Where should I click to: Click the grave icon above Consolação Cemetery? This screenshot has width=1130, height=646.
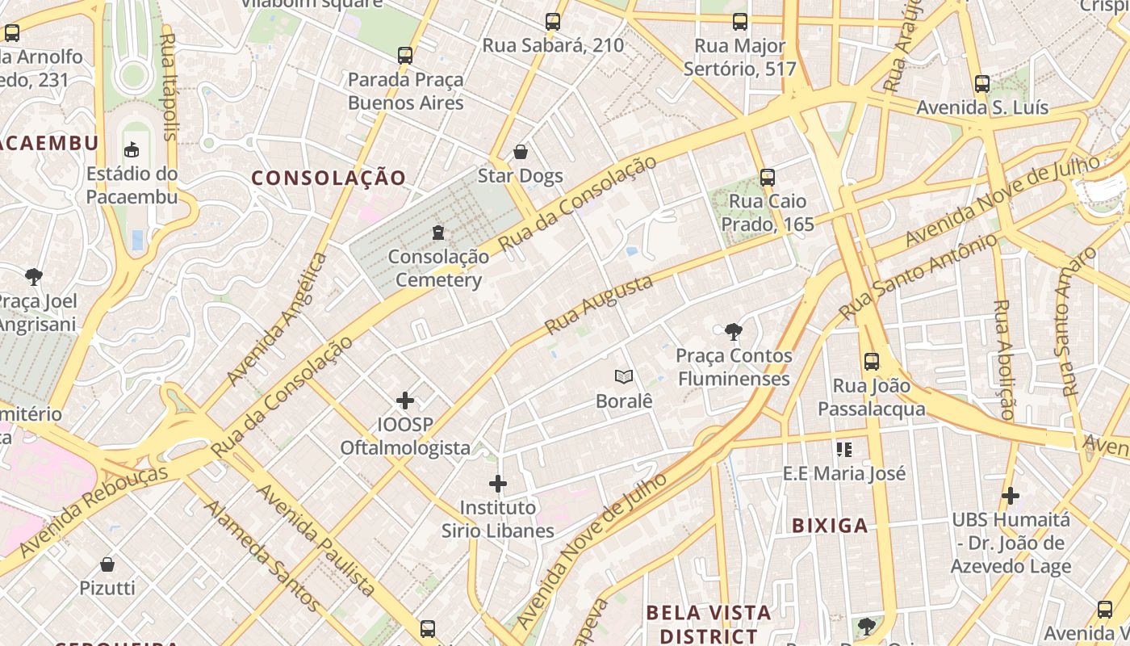click(438, 233)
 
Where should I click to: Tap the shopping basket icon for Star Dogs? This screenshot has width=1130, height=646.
click(521, 152)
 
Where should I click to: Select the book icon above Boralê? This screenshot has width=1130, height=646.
click(623, 376)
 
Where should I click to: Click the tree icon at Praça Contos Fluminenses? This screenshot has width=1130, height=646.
click(733, 331)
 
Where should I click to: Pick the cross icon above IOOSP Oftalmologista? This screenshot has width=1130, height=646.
click(405, 401)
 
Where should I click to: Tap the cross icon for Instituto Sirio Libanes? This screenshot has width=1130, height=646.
click(498, 484)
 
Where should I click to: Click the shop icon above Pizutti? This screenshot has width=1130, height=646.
click(107, 564)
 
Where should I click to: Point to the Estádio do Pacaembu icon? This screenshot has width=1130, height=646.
click(132, 149)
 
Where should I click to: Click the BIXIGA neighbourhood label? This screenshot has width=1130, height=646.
click(830, 526)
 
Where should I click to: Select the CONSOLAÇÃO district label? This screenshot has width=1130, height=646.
click(329, 178)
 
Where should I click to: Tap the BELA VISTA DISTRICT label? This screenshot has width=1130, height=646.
click(709, 624)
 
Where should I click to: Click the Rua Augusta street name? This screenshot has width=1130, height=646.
click(598, 305)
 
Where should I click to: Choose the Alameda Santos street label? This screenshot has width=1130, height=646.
click(262, 555)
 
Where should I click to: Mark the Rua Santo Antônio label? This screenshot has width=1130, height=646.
click(918, 276)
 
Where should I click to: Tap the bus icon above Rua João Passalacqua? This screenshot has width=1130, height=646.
click(871, 362)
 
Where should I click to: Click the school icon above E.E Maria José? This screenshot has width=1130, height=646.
click(844, 449)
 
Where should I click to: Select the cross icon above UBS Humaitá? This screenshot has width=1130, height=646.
click(1010, 495)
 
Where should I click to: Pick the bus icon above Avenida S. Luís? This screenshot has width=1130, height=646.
click(982, 84)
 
